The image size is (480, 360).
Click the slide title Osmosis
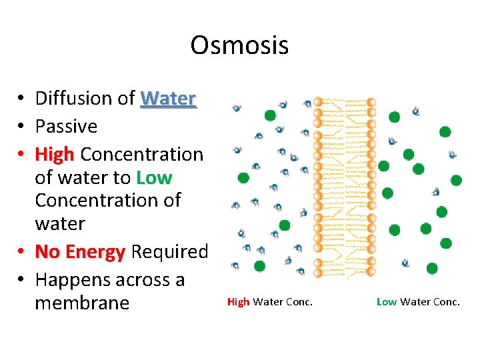(239, 45)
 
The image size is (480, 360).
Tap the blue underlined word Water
(168, 99)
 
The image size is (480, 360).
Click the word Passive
(66, 126)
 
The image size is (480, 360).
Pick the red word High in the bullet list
(55, 154)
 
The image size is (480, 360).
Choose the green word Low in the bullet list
(154, 178)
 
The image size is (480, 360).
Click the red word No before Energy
(47, 252)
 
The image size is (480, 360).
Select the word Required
(170, 252)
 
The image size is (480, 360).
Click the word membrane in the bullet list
(81, 303)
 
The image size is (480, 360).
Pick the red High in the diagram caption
(238, 302)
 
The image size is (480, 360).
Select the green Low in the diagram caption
(387, 302)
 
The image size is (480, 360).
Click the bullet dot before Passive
(22, 127)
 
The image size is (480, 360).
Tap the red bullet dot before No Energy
(22, 253)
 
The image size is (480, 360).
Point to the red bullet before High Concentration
(22, 155)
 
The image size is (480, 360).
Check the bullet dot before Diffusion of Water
(22, 99)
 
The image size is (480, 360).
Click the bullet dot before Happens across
(22, 280)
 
